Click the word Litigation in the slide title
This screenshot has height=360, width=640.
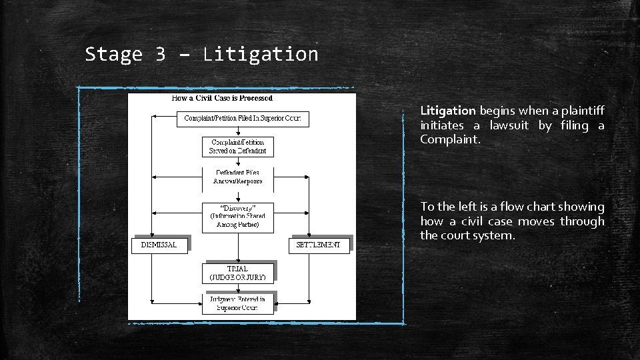pos(261,54)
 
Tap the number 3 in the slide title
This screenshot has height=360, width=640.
pos(160,54)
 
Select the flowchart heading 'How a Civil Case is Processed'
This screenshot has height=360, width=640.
pos(222,98)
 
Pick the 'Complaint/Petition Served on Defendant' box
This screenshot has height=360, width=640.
pos(238,147)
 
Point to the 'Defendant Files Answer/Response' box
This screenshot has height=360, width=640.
pos(238,177)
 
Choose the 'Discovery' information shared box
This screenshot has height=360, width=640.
pos(238,216)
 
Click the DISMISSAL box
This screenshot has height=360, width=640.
pos(159,245)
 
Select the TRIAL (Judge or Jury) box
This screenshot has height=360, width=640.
pos(238,273)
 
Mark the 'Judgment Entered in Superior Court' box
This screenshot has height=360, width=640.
pos(238,304)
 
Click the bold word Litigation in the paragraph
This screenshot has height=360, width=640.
pos(447,110)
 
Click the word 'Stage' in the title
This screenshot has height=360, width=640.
pos(113,54)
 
